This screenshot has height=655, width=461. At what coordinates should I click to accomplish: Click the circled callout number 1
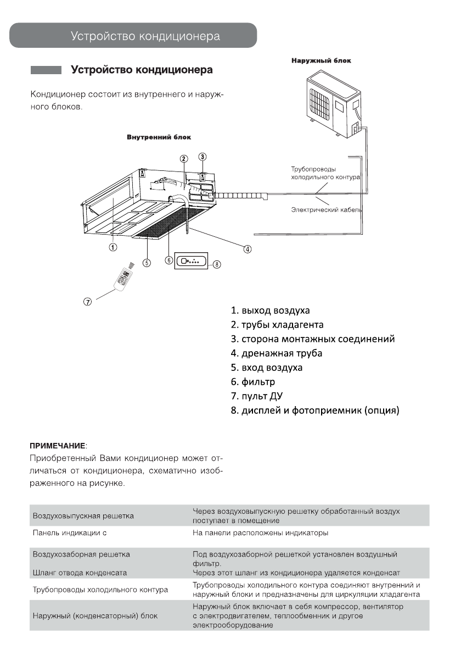112,247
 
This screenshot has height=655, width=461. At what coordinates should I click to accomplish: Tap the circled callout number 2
184,158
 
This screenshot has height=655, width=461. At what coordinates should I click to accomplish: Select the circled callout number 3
203,157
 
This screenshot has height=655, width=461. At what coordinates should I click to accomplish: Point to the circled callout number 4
248,249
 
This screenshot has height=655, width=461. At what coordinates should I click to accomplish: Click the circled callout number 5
147,262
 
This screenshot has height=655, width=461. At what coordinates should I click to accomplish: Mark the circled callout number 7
87,301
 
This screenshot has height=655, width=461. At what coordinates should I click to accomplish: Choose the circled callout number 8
217,264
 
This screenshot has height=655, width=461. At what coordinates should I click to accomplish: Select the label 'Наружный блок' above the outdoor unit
321,60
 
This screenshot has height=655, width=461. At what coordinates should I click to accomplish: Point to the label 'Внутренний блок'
155,136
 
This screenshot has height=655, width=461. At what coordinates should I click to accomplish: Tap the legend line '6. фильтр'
253,381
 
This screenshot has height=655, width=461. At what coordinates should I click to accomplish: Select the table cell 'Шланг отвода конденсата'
80,573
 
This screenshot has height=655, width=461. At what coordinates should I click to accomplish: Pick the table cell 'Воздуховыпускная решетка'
83,516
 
